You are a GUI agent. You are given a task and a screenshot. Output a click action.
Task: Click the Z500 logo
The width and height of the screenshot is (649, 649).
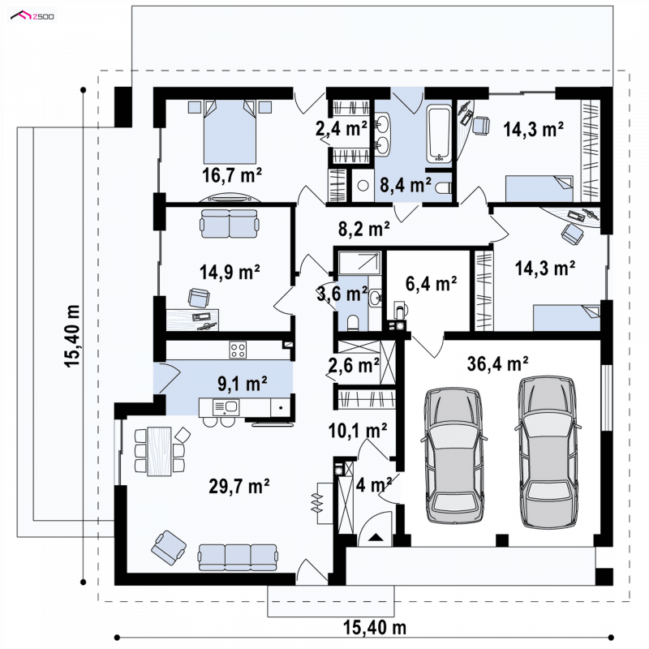[x=32, y=16]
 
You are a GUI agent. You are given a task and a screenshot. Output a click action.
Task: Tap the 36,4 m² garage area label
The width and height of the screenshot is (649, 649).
[x=497, y=364]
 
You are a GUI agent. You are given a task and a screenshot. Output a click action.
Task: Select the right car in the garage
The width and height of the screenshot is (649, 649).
[x=547, y=452]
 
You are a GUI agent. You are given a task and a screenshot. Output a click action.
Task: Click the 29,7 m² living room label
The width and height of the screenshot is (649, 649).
[x=239, y=486]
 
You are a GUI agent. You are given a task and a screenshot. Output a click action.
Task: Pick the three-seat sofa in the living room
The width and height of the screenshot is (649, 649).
[x=238, y=557]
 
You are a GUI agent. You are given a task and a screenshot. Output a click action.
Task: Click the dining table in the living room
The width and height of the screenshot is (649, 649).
[x=159, y=451]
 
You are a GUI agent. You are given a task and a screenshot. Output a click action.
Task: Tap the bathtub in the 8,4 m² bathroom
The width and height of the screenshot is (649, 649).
[x=439, y=134]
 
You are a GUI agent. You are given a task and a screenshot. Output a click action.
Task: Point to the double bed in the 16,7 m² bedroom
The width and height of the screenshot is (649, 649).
[x=230, y=131]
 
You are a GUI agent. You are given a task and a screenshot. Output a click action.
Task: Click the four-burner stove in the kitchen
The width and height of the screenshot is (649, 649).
[x=238, y=350]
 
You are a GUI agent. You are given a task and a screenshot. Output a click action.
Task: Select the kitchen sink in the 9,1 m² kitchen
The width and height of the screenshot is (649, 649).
[x=226, y=407]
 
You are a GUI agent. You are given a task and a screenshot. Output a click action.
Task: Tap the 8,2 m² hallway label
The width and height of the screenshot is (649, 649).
[x=363, y=229]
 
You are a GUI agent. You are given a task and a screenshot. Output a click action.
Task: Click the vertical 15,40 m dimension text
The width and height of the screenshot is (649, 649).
[x=72, y=335]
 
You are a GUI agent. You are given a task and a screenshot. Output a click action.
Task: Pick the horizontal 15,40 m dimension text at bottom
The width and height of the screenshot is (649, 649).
[x=375, y=627]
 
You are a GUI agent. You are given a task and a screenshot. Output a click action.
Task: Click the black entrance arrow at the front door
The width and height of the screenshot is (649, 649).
[x=376, y=537]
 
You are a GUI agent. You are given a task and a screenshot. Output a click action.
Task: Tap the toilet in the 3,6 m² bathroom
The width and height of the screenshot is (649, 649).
[x=353, y=323]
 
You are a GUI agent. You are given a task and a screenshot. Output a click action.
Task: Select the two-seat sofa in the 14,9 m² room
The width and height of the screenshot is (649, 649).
[x=230, y=224]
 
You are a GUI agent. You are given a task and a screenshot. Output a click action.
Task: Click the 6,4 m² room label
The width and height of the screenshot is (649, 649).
[x=431, y=284]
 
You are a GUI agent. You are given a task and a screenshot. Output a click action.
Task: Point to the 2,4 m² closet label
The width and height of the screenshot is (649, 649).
[x=341, y=129]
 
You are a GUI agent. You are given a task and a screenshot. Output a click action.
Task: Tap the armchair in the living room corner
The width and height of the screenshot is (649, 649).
[x=169, y=547]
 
